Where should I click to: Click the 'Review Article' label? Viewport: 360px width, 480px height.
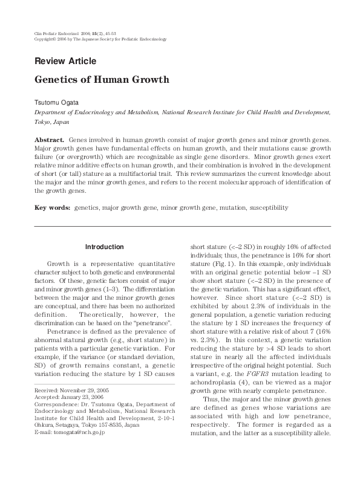tap(65, 61)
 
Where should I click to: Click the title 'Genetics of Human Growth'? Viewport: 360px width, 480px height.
tap(102, 80)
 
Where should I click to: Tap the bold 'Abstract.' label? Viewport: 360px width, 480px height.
tap(49, 140)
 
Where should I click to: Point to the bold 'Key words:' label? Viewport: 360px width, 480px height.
tap(53, 207)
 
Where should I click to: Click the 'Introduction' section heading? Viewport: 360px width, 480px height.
tap(104, 247)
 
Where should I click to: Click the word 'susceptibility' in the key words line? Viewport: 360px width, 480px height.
tap(267, 207)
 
